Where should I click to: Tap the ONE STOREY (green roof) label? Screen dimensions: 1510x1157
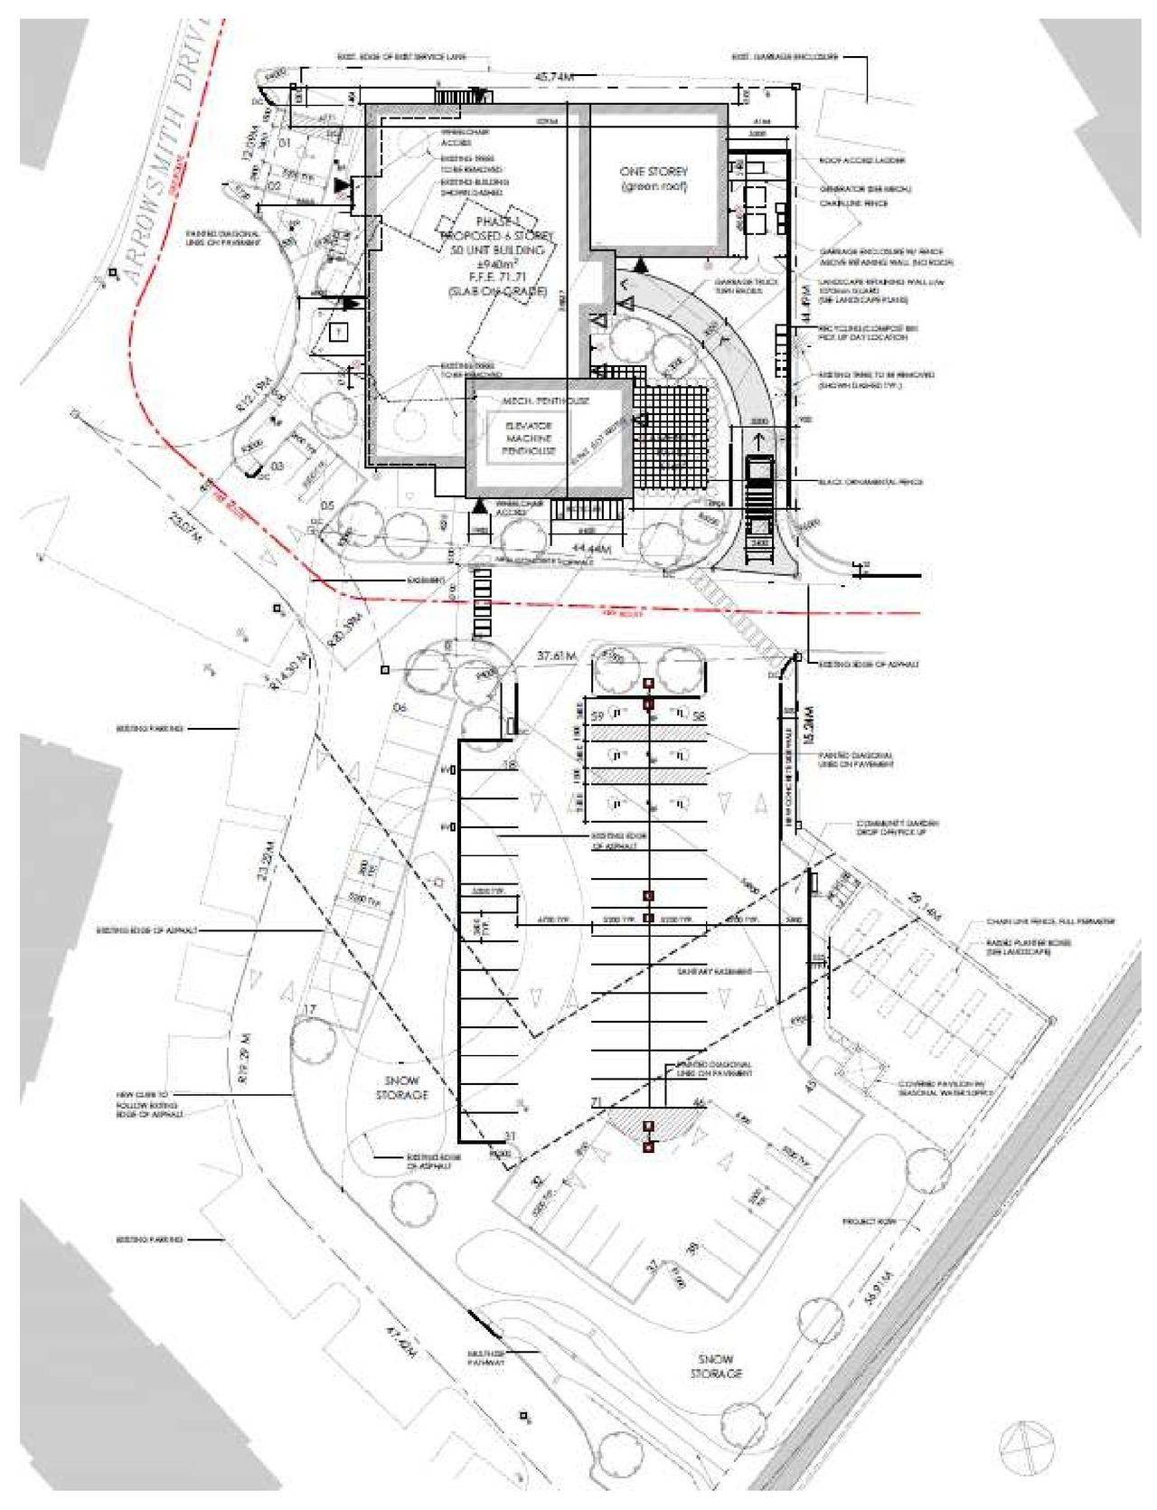click(654, 178)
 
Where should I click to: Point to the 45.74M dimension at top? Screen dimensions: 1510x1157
click(554, 78)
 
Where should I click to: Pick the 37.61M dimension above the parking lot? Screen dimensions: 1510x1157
click(556, 656)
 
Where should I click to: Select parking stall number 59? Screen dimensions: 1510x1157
click(597, 716)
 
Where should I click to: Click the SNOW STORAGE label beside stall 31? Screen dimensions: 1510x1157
click(402, 1088)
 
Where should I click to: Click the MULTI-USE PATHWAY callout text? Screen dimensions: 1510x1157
click(485, 1357)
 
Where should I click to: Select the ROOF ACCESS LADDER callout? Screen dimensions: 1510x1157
click(862, 160)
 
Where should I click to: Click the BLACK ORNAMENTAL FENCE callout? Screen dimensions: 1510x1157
click(870, 482)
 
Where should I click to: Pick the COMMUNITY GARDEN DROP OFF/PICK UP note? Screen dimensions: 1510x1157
click(897, 827)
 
